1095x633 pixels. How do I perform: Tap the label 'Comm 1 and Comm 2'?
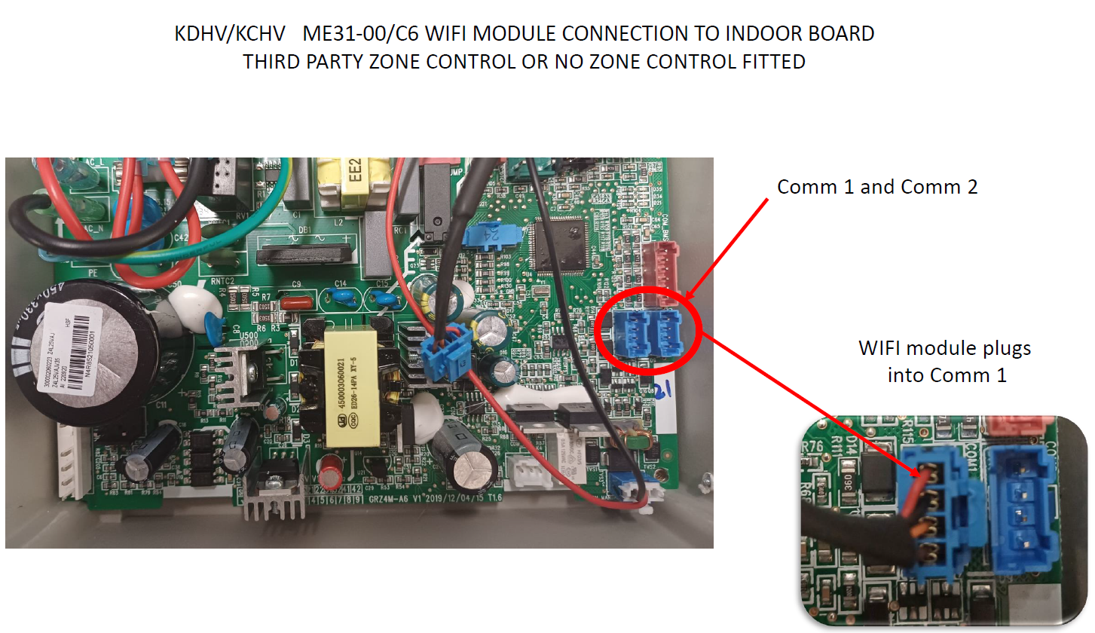[x=877, y=187]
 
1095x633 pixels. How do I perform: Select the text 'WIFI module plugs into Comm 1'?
[x=945, y=361]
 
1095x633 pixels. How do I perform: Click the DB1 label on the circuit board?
[x=304, y=229]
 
